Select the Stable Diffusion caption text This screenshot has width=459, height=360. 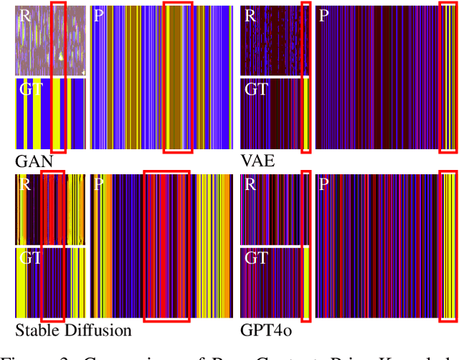[74, 331]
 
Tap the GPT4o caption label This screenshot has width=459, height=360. [266, 331]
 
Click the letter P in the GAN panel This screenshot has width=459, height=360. [99, 15]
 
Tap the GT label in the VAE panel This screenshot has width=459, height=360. [257, 90]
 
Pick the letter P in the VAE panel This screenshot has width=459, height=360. [323, 15]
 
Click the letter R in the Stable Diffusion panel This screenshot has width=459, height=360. [25, 184]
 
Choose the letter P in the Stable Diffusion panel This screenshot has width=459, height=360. [99, 184]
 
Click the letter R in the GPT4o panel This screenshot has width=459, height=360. [250, 184]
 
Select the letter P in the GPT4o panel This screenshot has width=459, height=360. [323, 184]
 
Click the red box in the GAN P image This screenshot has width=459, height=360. [178, 77]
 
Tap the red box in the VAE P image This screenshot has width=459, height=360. [448, 77]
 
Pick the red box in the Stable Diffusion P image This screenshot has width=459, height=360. [166, 246]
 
